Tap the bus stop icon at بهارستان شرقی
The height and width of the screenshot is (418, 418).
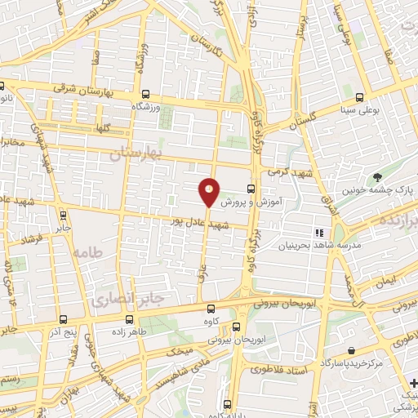pyautogui.click(x=145, y=94)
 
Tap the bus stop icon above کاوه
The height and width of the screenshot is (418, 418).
pyautogui.click(x=211, y=309)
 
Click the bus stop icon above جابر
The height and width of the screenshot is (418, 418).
pyautogui.click(x=63, y=216)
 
